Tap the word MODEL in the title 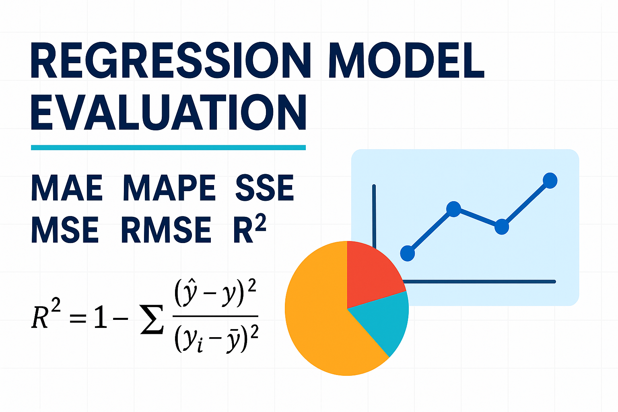[x=406, y=60]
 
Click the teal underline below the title [x=168, y=148]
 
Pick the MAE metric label [x=67, y=187]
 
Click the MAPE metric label [x=169, y=187]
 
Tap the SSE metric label [x=265, y=187]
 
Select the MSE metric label [x=65, y=230]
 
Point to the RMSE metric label [x=166, y=230]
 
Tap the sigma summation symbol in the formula [x=152, y=319]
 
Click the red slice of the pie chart [x=373, y=273]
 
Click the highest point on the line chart [x=550, y=181]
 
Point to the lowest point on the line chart [x=408, y=253]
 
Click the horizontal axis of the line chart [x=479, y=282]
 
